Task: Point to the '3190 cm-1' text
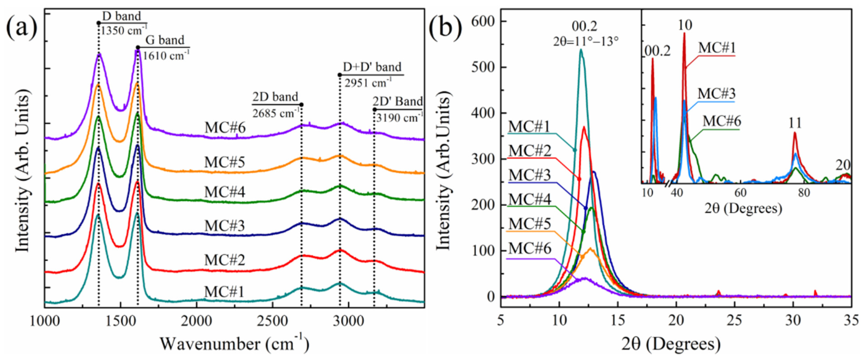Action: pyautogui.click(x=399, y=118)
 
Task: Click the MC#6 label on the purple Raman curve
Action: pyautogui.click(x=225, y=128)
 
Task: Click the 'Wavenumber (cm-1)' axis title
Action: pyautogui.click(x=234, y=344)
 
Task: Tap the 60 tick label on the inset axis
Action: pyautogui.click(x=740, y=193)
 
